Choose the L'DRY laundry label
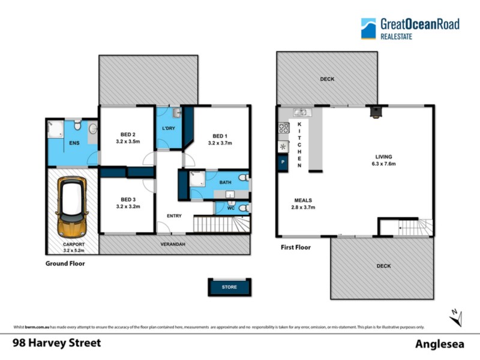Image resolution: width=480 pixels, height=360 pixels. pyautogui.click(x=169, y=130)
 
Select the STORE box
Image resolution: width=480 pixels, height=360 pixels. pyautogui.click(x=230, y=287)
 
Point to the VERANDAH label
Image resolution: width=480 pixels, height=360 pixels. pyautogui.click(x=172, y=245)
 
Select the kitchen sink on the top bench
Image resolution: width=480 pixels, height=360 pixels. pyautogui.click(x=301, y=111)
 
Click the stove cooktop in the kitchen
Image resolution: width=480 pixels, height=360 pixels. pyautogui.click(x=283, y=128)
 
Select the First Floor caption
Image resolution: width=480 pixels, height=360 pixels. pyautogui.click(x=296, y=247)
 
